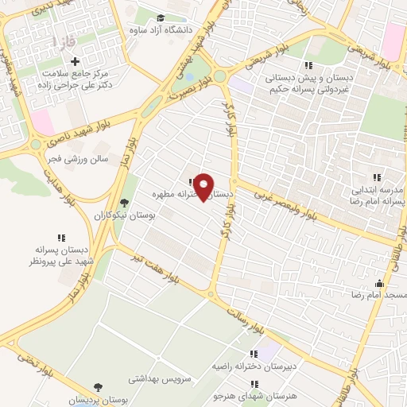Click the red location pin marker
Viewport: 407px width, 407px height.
pos(204,186)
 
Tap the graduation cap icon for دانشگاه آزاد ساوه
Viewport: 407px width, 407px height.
pos(161,17)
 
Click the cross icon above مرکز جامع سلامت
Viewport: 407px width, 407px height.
pos(76,61)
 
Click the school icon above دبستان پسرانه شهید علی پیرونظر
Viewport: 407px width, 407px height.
pos(61,237)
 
